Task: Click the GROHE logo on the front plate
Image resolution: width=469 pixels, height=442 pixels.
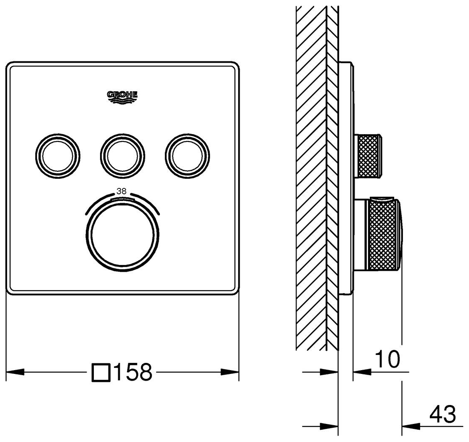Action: tap(122, 96)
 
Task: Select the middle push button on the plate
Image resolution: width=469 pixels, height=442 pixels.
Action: tap(122, 154)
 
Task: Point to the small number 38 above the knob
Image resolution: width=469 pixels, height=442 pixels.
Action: tap(122, 191)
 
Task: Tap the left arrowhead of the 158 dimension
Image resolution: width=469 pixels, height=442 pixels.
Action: tap(15, 372)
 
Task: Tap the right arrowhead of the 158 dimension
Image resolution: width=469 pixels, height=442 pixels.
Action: tap(231, 372)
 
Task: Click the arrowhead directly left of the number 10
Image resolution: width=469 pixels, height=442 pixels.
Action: tap(361, 372)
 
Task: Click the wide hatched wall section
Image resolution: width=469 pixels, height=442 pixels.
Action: tap(311, 177)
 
